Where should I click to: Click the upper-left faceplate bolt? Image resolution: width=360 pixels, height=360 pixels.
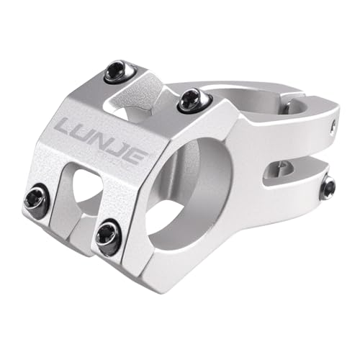[116, 71]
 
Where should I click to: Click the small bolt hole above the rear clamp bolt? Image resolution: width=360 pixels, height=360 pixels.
[333, 127]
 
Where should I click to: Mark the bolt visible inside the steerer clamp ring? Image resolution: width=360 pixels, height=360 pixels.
[287, 108]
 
